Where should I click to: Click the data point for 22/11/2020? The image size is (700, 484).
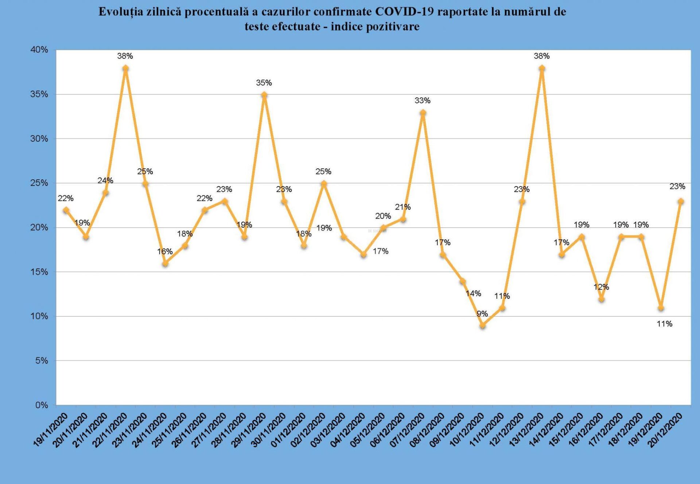point(125,68)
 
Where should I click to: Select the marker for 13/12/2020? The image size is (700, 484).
point(542,68)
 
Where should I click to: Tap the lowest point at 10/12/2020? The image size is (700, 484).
point(482,325)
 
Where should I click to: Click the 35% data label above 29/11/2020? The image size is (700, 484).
point(264,83)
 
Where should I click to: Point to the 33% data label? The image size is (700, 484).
point(422,100)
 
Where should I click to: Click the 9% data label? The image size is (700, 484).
point(482,313)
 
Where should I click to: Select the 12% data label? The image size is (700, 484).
point(601,287)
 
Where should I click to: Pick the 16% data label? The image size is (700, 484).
point(165,251)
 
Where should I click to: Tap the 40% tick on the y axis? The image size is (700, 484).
point(39,50)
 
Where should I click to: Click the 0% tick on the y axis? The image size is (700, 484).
point(42,405)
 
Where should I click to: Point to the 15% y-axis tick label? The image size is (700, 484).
point(39,272)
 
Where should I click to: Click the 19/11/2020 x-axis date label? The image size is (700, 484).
point(51,430)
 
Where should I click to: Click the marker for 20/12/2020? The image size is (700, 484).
point(680,201)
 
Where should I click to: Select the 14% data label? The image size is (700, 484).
point(473,293)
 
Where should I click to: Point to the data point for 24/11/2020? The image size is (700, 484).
point(165,263)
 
